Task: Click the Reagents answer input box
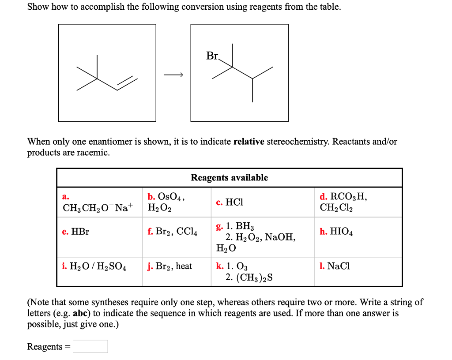click(90, 346)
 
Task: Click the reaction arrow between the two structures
click(173, 75)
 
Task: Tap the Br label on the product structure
click(212, 56)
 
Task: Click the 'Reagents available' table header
click(229, 177)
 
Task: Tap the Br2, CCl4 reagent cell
click(172, 232)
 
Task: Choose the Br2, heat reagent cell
click(170, 266)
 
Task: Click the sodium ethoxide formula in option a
click(98, 207)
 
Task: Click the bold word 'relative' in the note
click(249, 142)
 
